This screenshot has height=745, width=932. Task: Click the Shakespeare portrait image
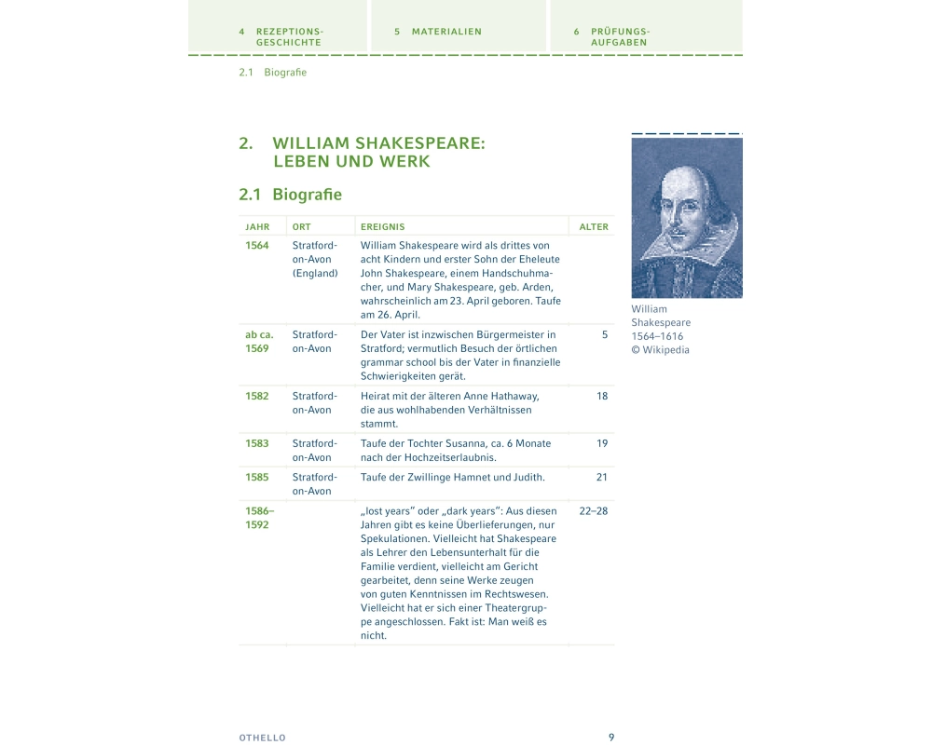[687, 218]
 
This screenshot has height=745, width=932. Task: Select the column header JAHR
[257, 227]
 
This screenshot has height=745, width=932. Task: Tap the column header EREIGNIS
[383, 227]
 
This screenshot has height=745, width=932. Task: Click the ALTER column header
[594, 227]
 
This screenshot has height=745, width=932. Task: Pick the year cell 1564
[257, 246]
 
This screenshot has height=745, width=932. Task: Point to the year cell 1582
[257, 396]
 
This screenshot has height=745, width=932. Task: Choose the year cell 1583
[257, 443]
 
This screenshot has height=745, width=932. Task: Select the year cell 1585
[257, 477]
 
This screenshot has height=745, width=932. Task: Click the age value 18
[602, 396]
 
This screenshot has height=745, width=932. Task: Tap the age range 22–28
[594, 510]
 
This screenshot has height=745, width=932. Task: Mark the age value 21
[602, 477]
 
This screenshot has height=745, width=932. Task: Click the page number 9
[611, 737]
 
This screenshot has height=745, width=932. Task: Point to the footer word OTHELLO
[263, 738]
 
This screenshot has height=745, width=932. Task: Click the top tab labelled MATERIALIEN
[446, 32]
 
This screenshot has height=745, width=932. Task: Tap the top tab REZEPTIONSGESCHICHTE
[289, 36]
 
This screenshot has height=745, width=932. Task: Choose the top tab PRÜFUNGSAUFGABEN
[620, 36]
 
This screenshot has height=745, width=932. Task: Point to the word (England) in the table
[315, 274]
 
